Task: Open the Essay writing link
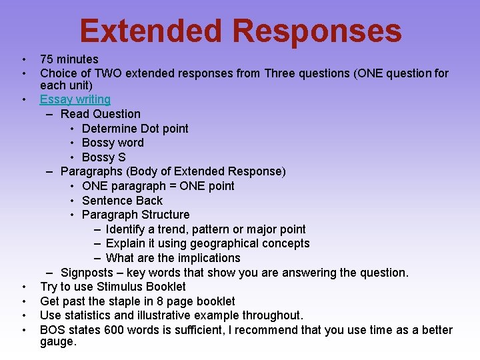click(75, 99)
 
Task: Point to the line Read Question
click(100, 114)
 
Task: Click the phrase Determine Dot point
click(135, 129)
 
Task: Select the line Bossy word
click(112, 143)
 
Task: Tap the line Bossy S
click(103, 157)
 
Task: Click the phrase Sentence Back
click(122, 201)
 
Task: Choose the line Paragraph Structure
click(135, 215)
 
